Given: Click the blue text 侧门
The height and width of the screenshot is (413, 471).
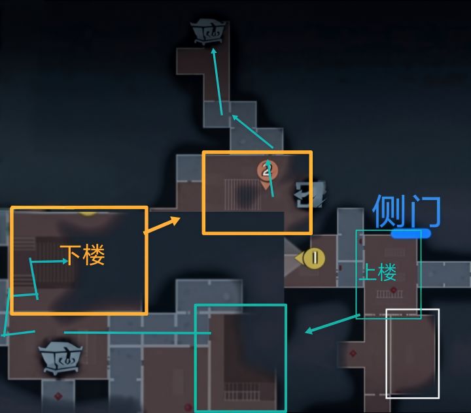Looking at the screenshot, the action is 406,210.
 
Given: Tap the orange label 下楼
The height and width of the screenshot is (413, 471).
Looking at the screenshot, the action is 82,254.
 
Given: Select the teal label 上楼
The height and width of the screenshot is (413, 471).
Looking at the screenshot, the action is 378,272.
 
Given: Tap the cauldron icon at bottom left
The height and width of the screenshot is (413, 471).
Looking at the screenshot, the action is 60,357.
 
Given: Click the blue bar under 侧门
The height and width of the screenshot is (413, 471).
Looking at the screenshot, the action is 411,233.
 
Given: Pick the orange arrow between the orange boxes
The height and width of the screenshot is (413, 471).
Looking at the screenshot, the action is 162,225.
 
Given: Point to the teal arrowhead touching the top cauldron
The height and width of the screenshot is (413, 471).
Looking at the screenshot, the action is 213,51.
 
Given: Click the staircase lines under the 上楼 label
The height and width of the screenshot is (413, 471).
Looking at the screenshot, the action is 389,294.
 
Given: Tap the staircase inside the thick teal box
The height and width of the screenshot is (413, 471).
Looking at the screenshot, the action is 242,391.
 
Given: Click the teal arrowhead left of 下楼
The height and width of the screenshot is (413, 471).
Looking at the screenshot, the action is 65,261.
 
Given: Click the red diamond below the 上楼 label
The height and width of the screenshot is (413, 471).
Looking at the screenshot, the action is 394,289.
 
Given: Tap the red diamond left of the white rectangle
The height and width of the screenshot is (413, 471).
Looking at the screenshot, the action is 353,354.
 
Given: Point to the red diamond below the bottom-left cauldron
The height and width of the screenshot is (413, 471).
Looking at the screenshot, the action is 58,396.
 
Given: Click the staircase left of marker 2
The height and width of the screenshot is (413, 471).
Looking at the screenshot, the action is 243,195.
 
